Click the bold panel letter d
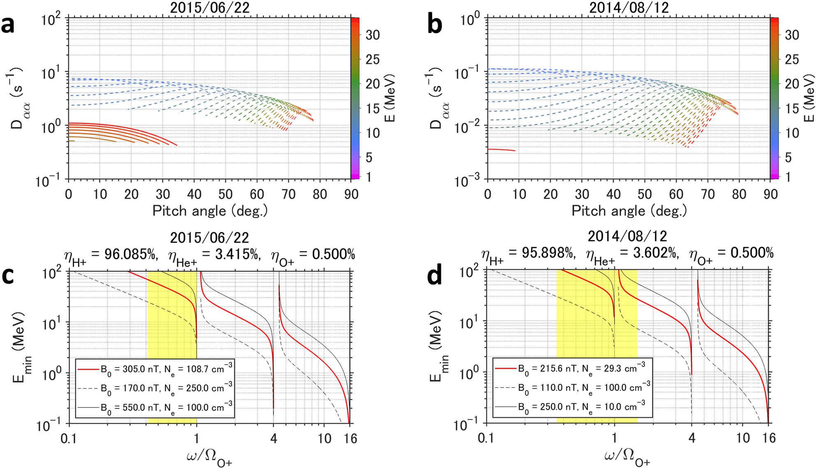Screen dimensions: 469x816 click(435, 276)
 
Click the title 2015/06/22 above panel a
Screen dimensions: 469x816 click(209, 7)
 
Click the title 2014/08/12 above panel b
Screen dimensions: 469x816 click(629, 7)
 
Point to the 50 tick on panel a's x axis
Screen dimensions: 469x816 click(225, 194)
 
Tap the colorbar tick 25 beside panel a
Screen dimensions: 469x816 click(373, 60)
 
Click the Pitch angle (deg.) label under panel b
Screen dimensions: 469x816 click(629, 211)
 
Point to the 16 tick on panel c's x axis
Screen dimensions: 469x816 click(350, 439)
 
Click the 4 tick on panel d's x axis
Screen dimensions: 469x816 click(692, 439)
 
